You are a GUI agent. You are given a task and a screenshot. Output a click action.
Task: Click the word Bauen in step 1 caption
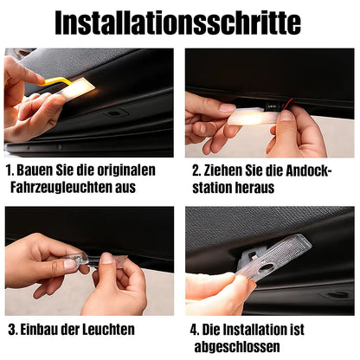[x=38, y=170]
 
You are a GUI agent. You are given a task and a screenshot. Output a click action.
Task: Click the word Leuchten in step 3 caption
[x=111, y=330]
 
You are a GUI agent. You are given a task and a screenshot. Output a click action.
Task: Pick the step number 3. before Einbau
[x=13, y=330]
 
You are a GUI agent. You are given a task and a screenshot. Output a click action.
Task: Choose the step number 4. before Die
[x=195, y=330]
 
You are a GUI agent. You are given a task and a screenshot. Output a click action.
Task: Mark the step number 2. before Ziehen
[x=195, y=170]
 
